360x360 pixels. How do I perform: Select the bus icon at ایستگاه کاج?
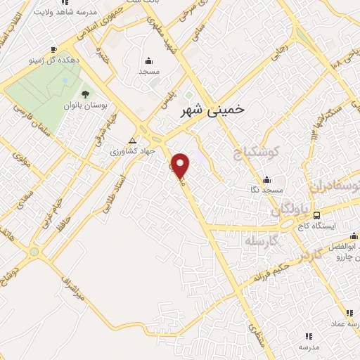(317, 215)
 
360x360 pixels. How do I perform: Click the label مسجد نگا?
(266, 190)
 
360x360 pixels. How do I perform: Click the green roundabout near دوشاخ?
(33, 251)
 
